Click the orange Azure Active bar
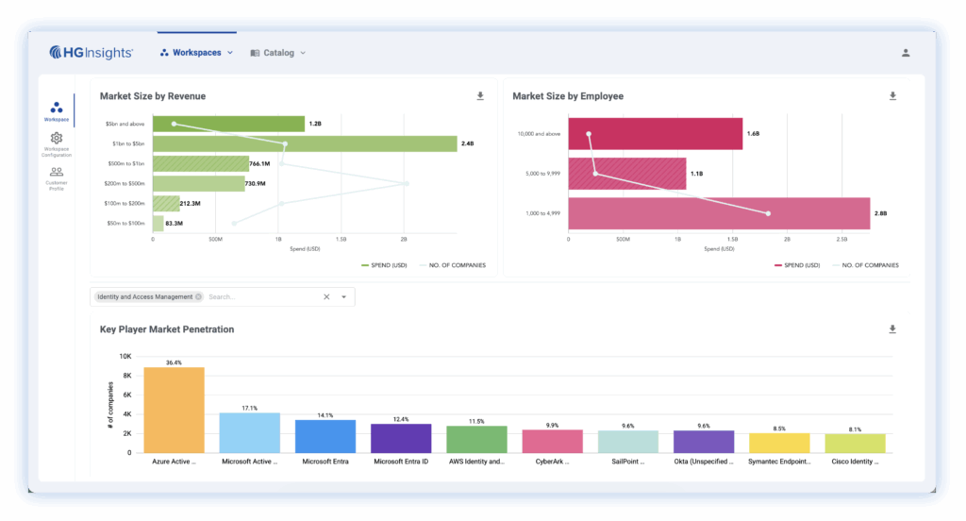coord(174,410)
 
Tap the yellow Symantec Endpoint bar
coord(779,443)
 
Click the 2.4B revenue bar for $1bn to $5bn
coord(304,143)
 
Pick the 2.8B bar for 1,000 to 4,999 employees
coord(718,213)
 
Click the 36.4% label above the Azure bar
coord(174,362)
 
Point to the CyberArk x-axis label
coord(552,462)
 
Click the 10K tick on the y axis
coord(125,357)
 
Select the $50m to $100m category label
coord(125,224)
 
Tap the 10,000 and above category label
coord(539,134)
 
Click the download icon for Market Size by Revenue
coord(480,96)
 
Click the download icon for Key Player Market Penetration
coord(892,329)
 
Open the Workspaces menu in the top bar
coord(196,53)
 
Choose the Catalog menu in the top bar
coord(278,53)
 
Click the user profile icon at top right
coord(906,53)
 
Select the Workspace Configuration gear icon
coord(57,139)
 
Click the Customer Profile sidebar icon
coord(57,172)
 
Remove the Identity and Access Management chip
coord(198,296)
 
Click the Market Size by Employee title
coord(567,96)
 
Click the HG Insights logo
coord(92,53)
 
